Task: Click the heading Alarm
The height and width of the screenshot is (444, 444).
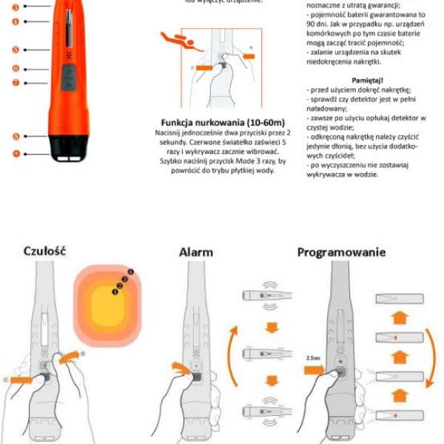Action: point(196,252)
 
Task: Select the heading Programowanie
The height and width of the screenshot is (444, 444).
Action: point(341,252)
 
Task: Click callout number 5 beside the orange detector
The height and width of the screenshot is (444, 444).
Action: point(16,50)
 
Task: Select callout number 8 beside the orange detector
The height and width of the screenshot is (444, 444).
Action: point(16,136)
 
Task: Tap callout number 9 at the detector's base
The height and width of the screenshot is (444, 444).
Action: point(16,153)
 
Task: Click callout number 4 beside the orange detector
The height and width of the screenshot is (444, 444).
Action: point(16,22)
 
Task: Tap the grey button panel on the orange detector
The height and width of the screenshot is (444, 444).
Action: point(70,76)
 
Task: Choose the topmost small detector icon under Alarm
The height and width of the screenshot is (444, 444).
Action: point(265,297)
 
